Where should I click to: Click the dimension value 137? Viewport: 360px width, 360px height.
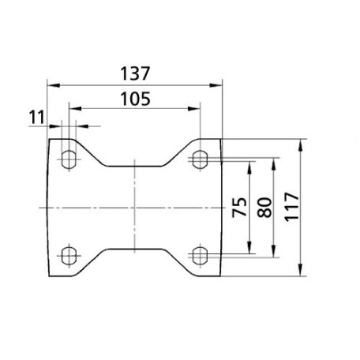pos(135,73)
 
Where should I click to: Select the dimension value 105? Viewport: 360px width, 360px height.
pos(136,99)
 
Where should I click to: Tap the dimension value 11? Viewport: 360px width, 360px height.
pos(37,118)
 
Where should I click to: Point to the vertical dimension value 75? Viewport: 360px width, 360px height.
pos(240,207)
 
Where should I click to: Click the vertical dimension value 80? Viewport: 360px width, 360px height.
pos(264,208)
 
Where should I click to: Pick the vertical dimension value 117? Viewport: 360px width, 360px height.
pos(292,207)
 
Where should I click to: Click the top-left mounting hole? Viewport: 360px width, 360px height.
pos(69,159)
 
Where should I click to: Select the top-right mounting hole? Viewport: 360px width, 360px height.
pos(200,159)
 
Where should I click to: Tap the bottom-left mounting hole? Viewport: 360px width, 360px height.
pos(69,256)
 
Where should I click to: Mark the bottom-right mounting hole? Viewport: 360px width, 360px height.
pos(200,256)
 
